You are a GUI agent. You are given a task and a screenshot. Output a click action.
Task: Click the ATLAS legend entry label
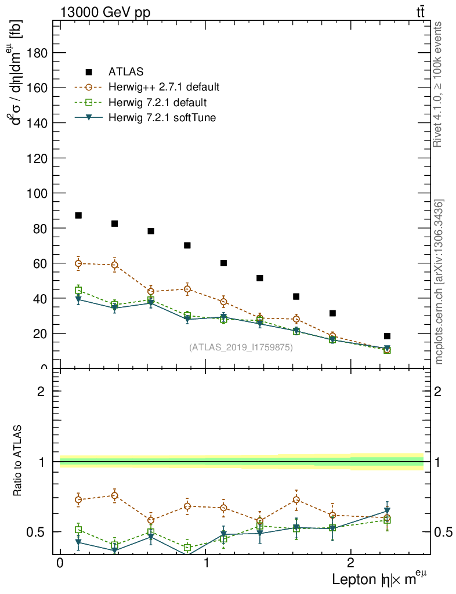(x=126, y=72)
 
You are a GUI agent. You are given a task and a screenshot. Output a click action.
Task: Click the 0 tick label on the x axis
(x=60, y=564)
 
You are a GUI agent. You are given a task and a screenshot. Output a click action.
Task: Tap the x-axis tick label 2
(x=350, y=564)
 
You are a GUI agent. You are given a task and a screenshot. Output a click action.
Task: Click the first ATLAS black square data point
(x=78, y=216)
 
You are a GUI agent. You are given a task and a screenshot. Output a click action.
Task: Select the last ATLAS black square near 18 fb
(x=387, y=336)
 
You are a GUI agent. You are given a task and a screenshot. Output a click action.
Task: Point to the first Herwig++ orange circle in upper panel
(x=78, y=263)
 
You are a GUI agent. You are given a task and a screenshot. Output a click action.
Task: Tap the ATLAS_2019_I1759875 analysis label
(x=241, y=347)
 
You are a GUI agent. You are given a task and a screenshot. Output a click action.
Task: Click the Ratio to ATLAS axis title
(x=18, y=461)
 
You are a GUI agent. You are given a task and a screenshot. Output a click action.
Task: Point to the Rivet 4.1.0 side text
(x=439, y=84)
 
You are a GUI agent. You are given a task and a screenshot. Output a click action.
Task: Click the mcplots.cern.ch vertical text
(x=439, y=282)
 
